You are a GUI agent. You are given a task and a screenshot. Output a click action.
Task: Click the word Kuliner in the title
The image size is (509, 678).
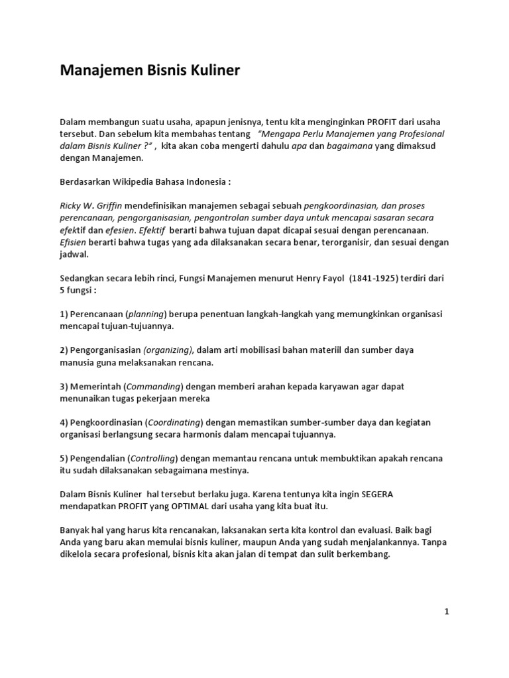(212, 70)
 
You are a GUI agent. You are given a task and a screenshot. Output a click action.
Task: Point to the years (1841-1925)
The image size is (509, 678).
(361, 279)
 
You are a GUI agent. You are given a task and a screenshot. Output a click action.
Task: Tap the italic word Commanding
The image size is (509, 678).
(154, 387)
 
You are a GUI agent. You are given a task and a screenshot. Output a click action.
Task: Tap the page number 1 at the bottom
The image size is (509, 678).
(447, 612)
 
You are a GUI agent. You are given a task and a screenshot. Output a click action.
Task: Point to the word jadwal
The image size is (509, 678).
(74, 254)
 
